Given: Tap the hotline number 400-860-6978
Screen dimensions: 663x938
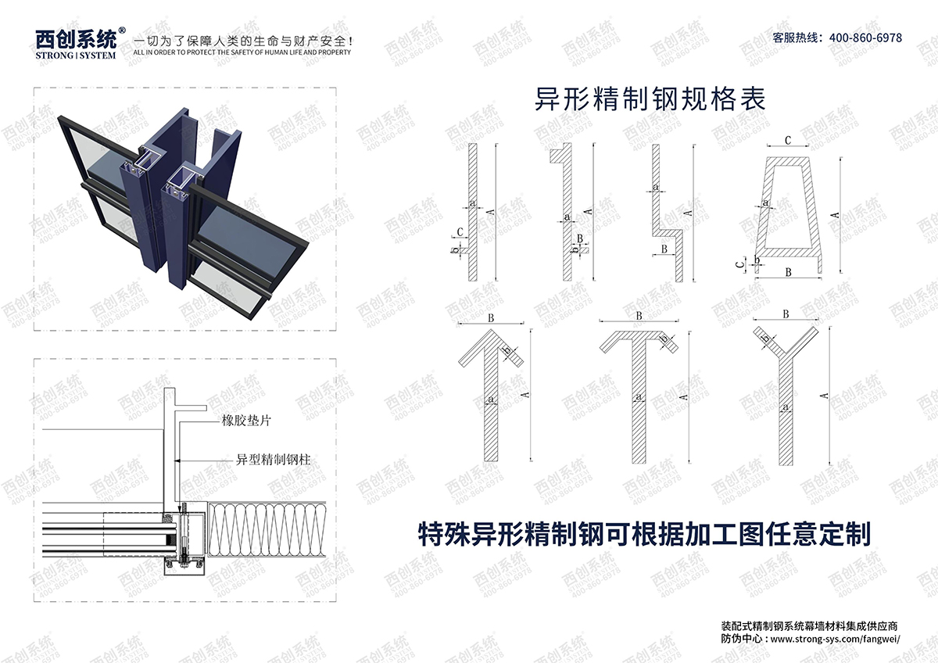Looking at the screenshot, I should coord(865,38).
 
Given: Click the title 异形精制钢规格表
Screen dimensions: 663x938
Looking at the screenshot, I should coord(649,101).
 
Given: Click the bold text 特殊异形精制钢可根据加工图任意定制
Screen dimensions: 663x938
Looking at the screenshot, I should coord(645,534).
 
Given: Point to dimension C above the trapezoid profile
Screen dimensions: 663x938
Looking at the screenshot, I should coord(788,141).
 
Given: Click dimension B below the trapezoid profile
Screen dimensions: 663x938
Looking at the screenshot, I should coord(788,272).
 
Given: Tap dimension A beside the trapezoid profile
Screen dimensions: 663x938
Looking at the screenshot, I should coord(835,215).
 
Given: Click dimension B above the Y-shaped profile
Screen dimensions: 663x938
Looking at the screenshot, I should coord(785,314).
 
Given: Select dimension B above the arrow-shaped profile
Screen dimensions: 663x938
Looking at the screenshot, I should coord(491,318).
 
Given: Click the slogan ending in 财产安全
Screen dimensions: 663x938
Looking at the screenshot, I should coord(242,41).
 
